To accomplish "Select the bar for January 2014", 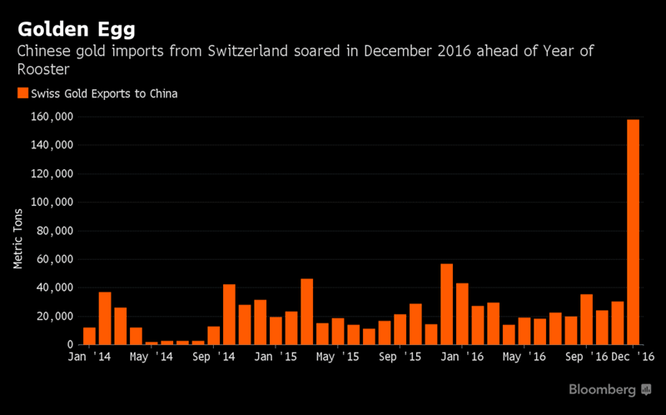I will pos(89,336).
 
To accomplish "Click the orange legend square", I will pos(22,93).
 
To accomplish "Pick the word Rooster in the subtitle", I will pos(42,70).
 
